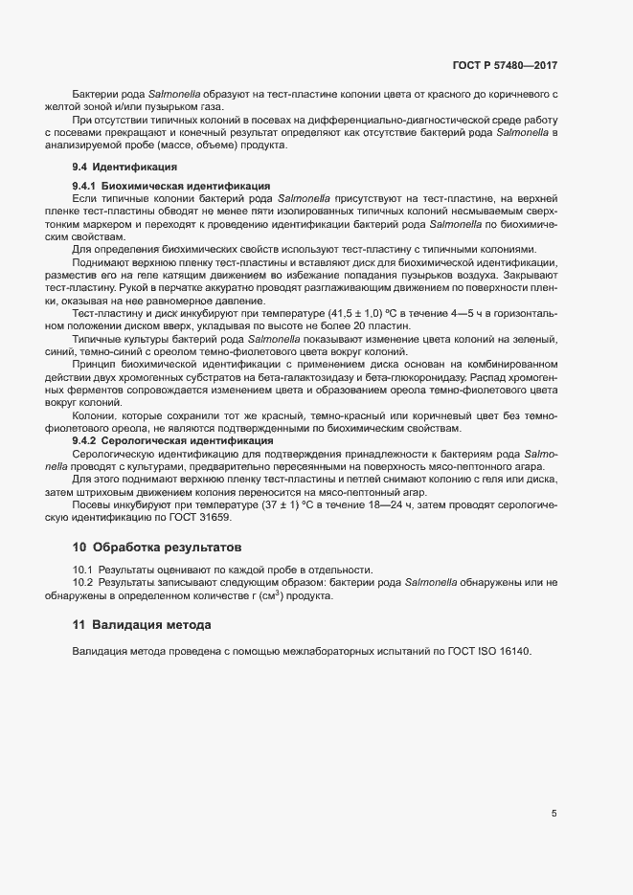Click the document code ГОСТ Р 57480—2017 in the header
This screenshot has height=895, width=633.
505,67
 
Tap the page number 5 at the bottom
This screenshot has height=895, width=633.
554,814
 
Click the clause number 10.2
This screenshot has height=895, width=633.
82,583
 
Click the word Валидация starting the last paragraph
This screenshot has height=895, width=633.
102,652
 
